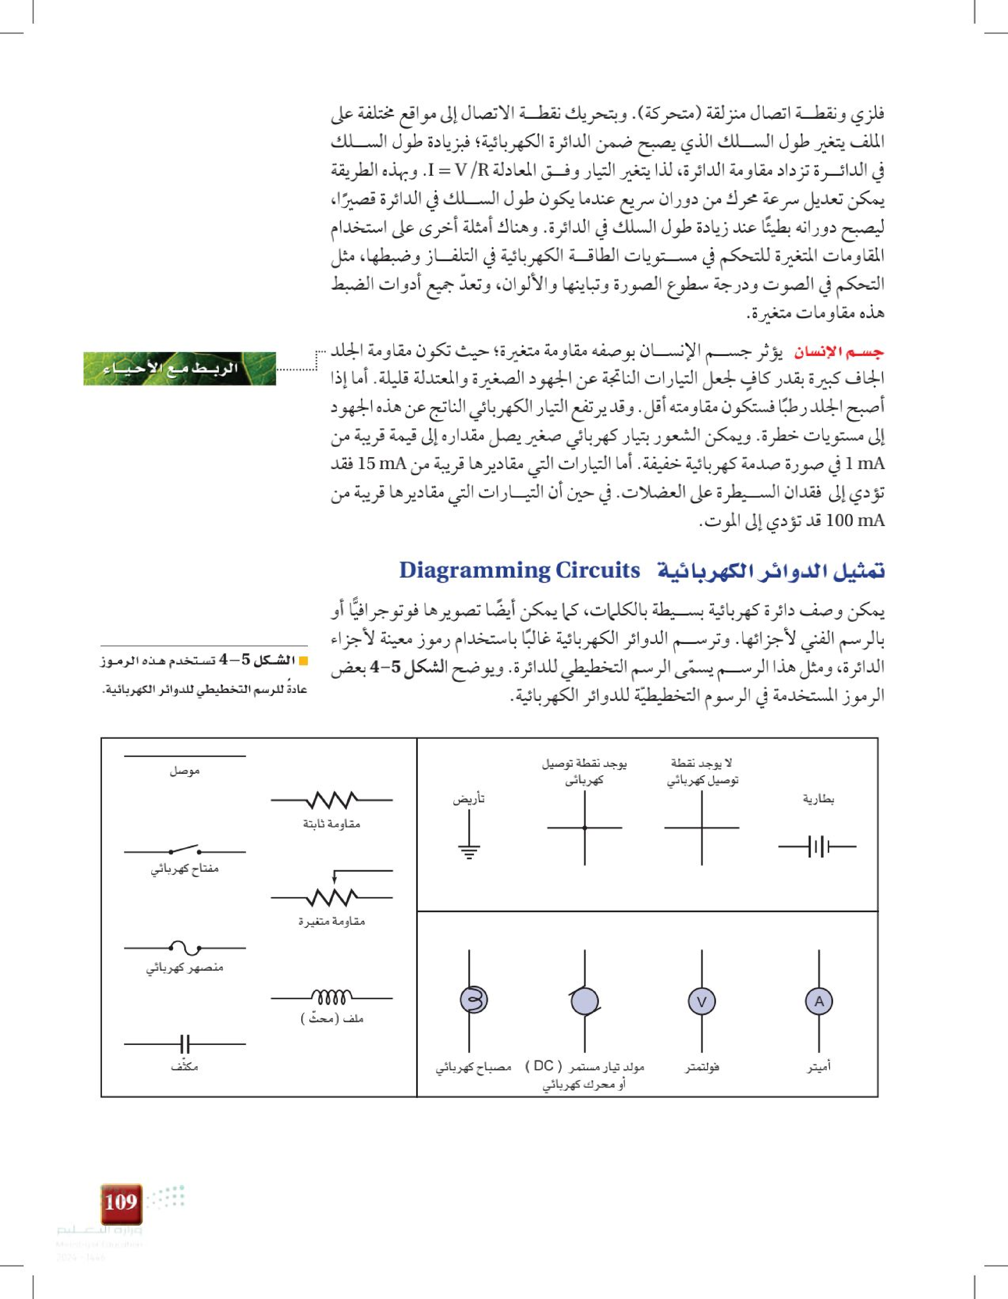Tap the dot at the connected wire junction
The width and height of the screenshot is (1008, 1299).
tap(584, 827)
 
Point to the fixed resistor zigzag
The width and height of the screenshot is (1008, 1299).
tap(331, 799)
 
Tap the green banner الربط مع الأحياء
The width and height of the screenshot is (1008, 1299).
tap(180, 368)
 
